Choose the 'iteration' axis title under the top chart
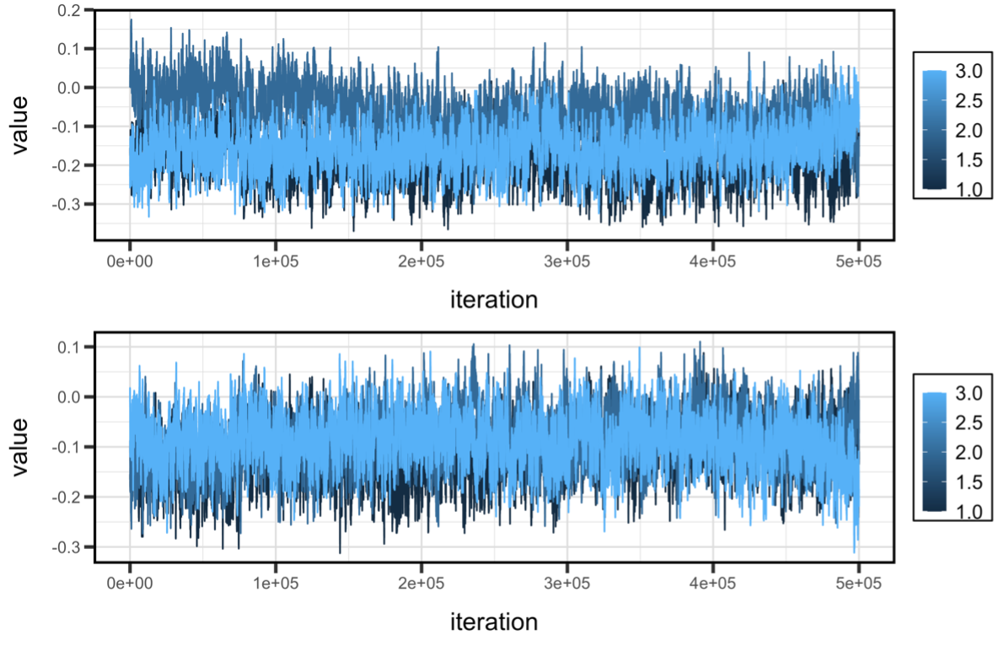click(494, 299)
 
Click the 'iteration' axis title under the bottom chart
click(494, 622)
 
